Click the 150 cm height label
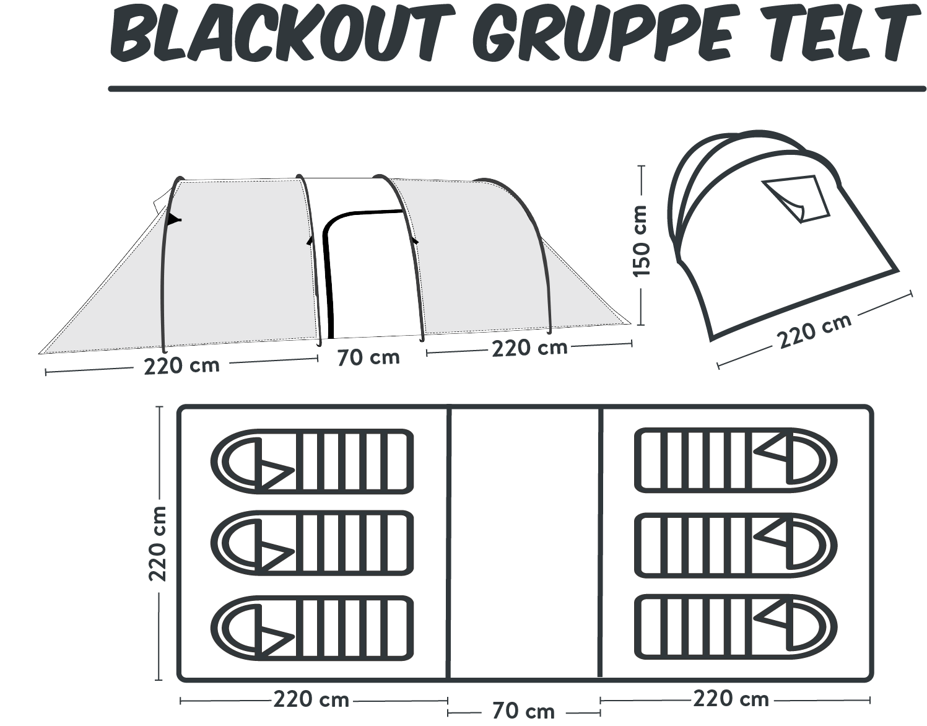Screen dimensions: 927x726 (641, 241)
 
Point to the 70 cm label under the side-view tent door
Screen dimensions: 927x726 (368, 357)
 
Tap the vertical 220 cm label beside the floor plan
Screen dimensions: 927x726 (157, 543)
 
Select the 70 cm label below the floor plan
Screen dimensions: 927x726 (523, 711)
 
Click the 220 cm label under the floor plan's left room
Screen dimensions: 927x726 (311, 699)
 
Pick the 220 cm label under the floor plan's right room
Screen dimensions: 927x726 (731, 699)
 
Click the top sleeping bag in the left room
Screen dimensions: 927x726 (312, 461)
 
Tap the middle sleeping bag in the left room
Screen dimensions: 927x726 (312, 543)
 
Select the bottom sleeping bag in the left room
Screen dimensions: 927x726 (312, 628)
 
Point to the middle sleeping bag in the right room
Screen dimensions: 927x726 (736, 546)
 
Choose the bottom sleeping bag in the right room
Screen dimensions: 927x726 (736, 629)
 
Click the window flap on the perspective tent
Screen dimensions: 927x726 (796, 199)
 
